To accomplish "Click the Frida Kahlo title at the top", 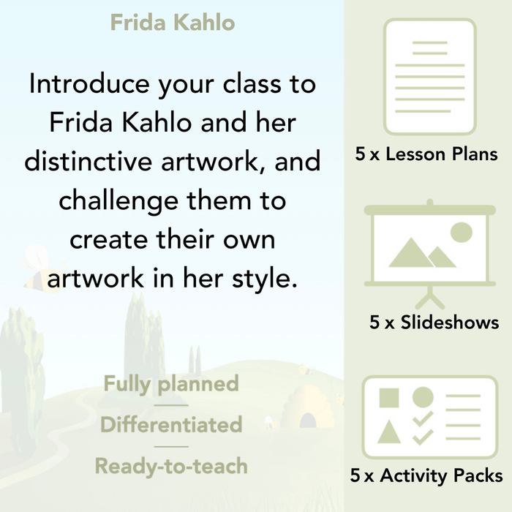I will [x=173, y=23].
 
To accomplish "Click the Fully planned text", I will [x=171, y=384].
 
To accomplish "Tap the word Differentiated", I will [x=171, y=425].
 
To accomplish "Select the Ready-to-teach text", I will [x=171, y=465].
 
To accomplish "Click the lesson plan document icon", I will [x=429, y=77].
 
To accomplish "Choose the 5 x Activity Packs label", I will [x=426, y=476].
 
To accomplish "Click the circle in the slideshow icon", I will [x=461, y=233].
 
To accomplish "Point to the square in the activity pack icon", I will [x=389, y=399].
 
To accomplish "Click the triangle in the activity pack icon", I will [x=389, y=432].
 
